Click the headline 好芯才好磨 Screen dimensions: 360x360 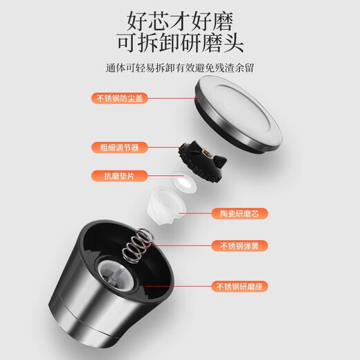click(180, 19)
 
